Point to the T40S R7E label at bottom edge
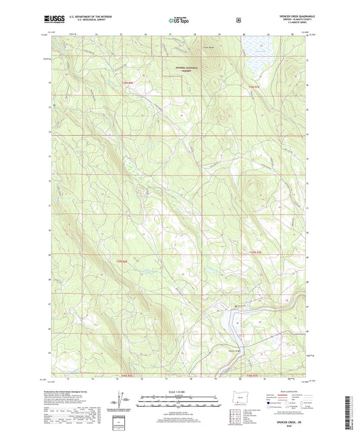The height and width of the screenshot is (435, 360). click(x=251, y=375)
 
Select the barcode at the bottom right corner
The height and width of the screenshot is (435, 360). click(x=352, y=409)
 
